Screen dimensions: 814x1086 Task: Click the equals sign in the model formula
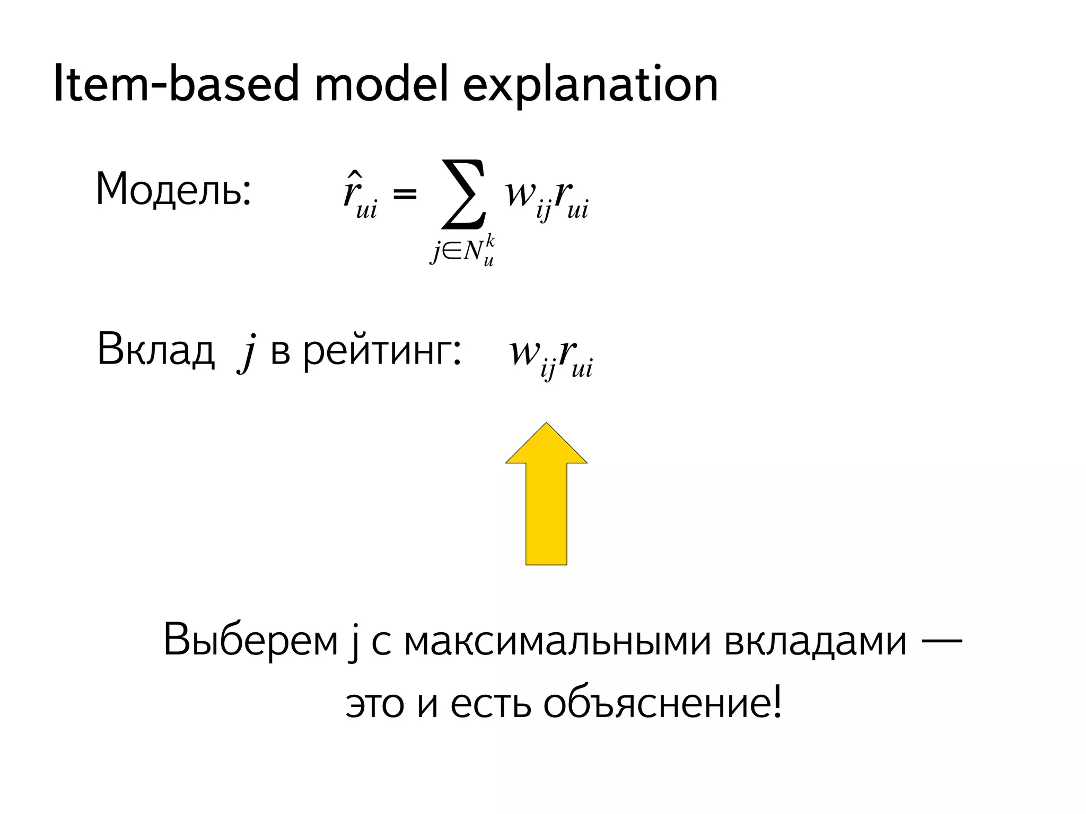point(405,194)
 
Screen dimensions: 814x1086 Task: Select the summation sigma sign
point(463,194)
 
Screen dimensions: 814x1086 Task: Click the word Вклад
point(156,350)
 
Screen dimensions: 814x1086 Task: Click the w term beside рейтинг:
point(524,352)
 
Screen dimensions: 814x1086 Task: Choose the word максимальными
point(557,641)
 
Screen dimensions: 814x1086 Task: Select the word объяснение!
point(662,705)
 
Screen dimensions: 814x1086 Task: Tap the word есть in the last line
point(491,705)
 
